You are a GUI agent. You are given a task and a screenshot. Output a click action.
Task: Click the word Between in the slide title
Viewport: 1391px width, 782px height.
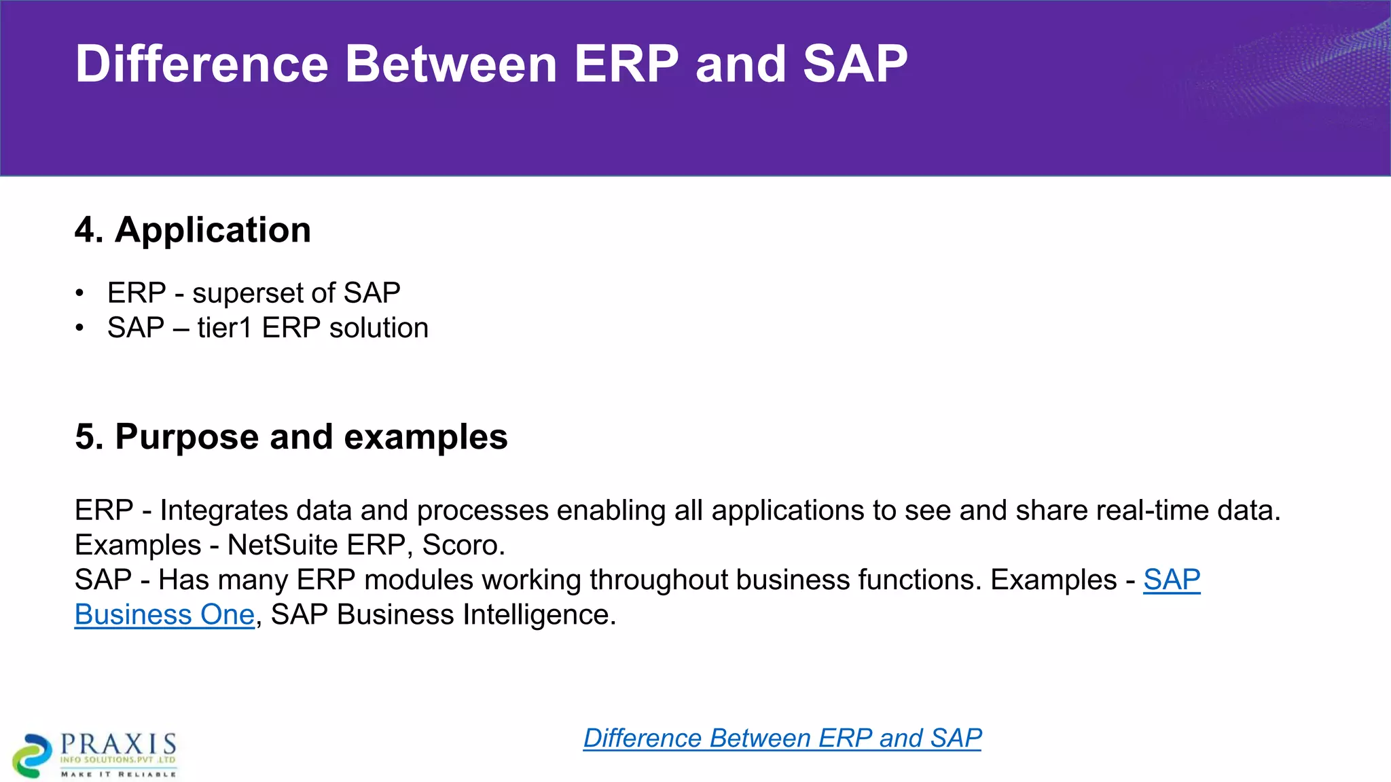pyautogui.click(x=451, y=64)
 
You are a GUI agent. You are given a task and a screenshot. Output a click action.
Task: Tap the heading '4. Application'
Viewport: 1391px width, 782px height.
pyautogui.click(x=193, y=229)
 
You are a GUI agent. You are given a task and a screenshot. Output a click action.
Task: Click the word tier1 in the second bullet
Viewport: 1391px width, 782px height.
pyautogui.click(x=225, y=328)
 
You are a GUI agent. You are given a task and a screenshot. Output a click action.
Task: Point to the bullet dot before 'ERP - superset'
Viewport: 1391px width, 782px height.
pyautogui.click(x=80, y=293)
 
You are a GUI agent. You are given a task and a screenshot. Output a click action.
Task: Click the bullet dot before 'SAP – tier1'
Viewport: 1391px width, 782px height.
pyautogui.click(x=80, y=328)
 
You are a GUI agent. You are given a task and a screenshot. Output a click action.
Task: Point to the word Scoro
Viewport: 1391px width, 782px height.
pyautogui.click(x=463, y=545)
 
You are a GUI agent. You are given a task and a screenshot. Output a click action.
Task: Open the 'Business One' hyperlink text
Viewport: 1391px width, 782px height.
pyautogui.click(x=164, y=614)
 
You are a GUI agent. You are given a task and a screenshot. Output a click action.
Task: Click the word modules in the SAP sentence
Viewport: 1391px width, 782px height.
pyautogui.click(x=418, y=580)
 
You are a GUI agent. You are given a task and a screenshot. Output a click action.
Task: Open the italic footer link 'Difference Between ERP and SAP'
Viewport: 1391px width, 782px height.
pyautogui.click(x=782, y=738)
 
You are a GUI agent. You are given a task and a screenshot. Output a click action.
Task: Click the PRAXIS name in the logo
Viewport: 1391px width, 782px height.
pyautogui.click(x=118, y=744)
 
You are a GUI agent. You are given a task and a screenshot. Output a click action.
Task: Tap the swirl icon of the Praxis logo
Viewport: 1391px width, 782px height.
pyautogui.click(x=32, y=755)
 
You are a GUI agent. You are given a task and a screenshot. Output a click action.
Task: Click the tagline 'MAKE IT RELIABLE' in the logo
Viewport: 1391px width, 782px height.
pyautogui.click(x=118, y=774)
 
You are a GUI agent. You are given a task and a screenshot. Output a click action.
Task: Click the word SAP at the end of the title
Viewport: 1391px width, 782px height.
pyautogui.click(x=854, y=64)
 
